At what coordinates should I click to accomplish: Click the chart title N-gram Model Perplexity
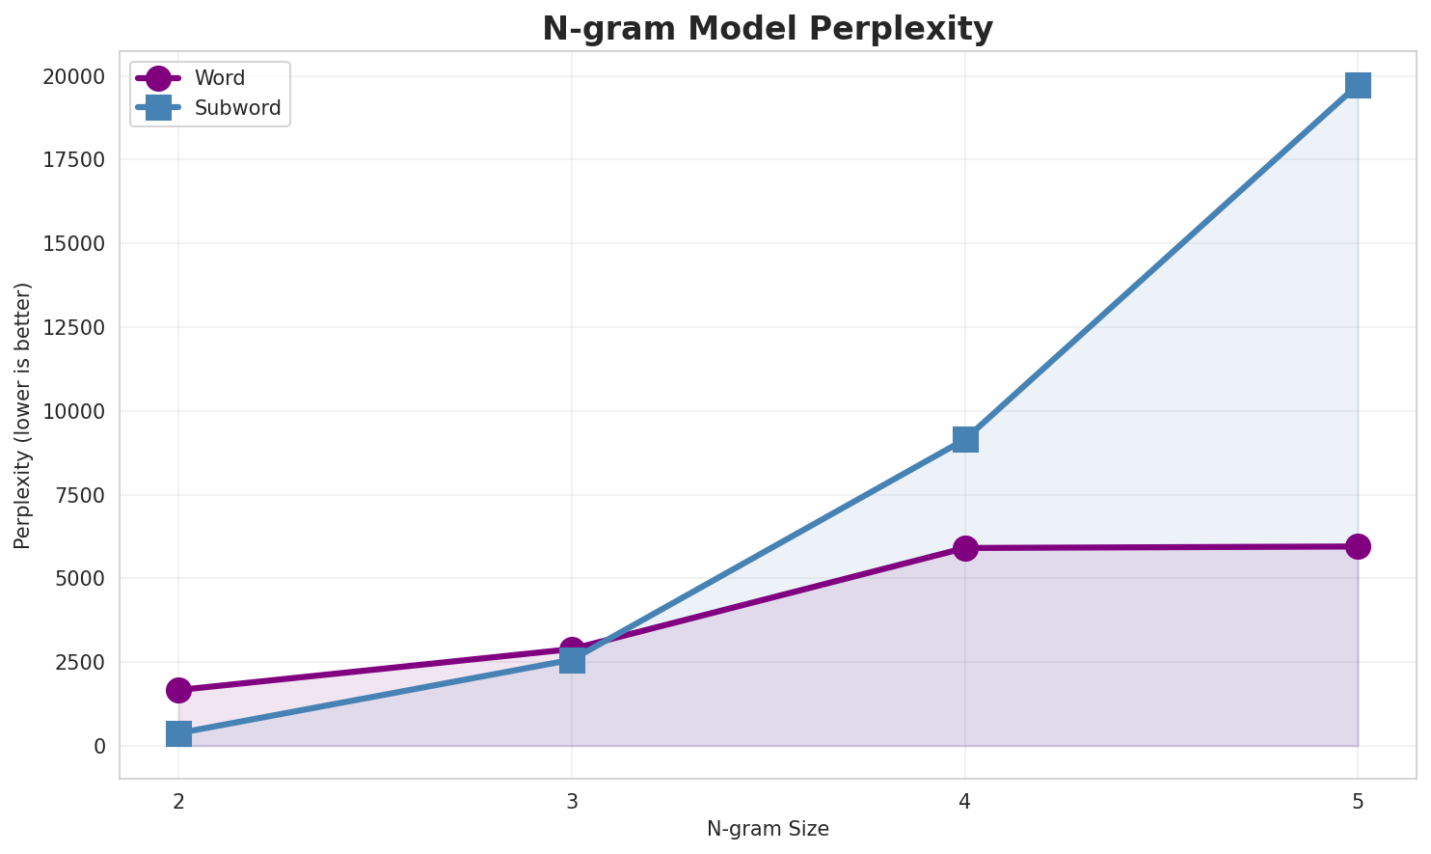[767, 29]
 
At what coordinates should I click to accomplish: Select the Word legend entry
[219, 78]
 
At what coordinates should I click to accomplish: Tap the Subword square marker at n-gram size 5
[1358, 85]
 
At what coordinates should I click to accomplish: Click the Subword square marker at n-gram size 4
[965, 439]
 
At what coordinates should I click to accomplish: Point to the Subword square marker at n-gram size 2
[178, 733]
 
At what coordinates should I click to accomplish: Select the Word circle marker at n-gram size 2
[178, 690]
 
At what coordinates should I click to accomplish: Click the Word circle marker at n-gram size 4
[965, 548]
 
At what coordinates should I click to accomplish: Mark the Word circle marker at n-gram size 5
[1358, 546]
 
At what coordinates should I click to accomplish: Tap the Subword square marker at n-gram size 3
[572, 661]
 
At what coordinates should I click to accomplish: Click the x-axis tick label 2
[178, 801]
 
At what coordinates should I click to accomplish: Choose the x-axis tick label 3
[572, 801]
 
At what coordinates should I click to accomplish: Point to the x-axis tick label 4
[965, 801]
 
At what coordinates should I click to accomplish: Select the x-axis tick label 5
[1358, 801]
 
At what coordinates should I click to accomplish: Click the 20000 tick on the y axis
[74, 76]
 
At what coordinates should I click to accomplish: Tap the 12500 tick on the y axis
[74, 327]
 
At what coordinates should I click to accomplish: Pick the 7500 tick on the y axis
[80, 495]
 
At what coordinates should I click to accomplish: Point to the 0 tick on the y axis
[100, 746]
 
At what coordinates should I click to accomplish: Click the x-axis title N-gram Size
[768, 829]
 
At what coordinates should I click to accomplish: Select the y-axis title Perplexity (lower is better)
[23, 415]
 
